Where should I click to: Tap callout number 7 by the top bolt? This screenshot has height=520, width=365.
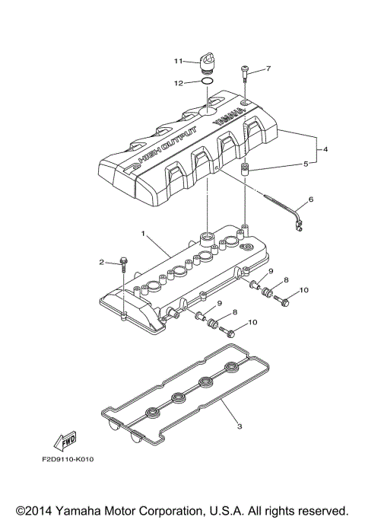tap(268, 69)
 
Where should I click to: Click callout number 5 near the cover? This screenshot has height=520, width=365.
tap(306, 163)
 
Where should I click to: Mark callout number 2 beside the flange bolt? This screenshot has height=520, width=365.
tap(100, 262)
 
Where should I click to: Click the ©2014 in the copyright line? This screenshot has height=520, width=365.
tap(38, 509)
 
